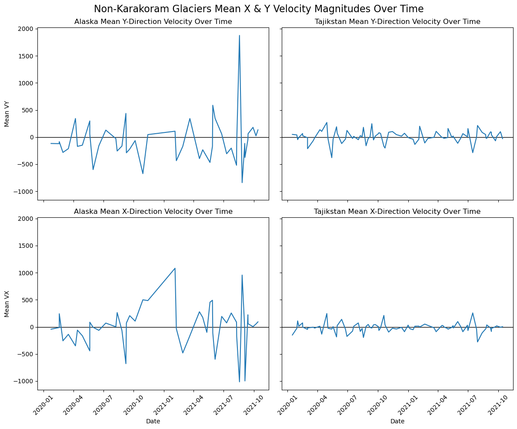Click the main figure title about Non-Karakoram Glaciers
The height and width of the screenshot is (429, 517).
point(258,9)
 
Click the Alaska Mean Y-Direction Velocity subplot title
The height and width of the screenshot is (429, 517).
point(153,22)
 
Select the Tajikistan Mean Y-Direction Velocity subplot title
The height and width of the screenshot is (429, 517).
point(397,22)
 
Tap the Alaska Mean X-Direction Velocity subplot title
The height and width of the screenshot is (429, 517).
point(153,212)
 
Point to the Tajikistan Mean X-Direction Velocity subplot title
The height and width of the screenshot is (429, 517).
point(397,212)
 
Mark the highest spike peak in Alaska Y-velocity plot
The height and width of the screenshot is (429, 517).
point(239,36)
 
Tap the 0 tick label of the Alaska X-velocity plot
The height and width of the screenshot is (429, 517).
point(31,327)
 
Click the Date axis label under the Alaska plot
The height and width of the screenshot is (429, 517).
point(153,422)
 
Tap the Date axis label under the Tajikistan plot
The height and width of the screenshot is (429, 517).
point(397,422)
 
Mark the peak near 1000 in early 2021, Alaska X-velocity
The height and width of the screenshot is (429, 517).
point(175,268)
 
